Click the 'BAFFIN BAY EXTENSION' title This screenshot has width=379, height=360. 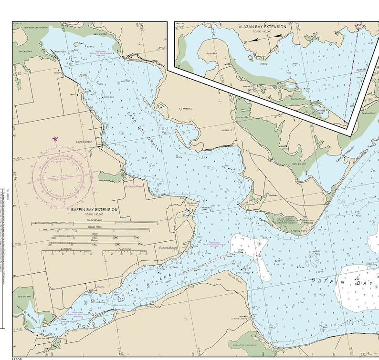point(90,209)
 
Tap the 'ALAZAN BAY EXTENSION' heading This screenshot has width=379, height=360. point(263,27)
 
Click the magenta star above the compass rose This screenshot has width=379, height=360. point(55,139)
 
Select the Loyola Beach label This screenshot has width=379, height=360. point(84,142)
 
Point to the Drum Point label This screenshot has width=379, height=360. point(60,51)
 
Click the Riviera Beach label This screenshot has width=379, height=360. point(168,248)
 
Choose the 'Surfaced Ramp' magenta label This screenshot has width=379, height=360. point(134,186)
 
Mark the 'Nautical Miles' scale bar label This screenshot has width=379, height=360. point(93,220)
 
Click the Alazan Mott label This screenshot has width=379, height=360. point(212,54)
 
